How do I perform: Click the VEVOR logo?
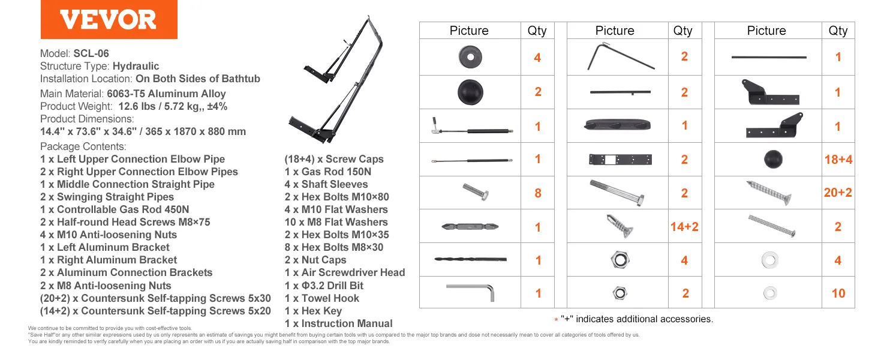pyautogui.click(x=109, y=20)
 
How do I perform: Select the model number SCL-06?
pyautogui.click(x=91, y=53)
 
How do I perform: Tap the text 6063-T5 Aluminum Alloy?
pyautogui.click(x=166, y=94)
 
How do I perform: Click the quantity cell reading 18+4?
pyautogui.click(x=838, y=160)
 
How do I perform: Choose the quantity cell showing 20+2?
pyautogui.click(x=838, y=193)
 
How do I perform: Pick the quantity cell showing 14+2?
pyautogui.click(x=684, y=227)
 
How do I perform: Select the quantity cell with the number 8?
pyautogui.click(x=538, y=193)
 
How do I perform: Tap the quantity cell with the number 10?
pyautogui.click(x=838, y=293)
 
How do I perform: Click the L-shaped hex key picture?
pyautogui.click(x=470, y=292)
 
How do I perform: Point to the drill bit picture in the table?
pyautogui.click(x=470, y=259)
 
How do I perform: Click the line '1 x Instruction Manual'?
pyautogui.click(x=338, y=323)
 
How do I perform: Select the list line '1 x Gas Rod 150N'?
pyautogui.click(x=327, y=172)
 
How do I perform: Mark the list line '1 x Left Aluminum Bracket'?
pyautogui.click(x=104, y=247)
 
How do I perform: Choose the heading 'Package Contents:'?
pyautogui.click(x=83, y=146)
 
